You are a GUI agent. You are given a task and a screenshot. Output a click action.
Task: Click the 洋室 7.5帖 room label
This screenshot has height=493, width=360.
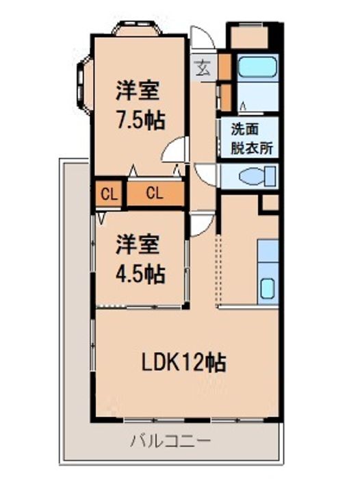[x=140, y=105]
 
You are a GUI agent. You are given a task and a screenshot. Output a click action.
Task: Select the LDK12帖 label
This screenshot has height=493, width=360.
[x=184, y=362]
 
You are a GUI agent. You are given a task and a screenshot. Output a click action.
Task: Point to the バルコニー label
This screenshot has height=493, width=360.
[x=170, y=440]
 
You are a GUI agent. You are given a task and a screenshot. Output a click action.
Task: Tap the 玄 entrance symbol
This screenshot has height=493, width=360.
[x=203, y=68]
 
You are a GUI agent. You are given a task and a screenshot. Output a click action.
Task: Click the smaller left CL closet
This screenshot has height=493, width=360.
[x=109, y=194]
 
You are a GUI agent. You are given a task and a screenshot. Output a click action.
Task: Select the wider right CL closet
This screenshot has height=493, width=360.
[x=155, y=193]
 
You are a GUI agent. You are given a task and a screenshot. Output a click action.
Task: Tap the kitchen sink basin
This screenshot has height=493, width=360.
[x=268, y=289]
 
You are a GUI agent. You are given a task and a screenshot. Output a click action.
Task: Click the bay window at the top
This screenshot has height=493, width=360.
[x=137, y=28]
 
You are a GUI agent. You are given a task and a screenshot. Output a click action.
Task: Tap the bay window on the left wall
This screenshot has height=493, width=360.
[x=84, y=83]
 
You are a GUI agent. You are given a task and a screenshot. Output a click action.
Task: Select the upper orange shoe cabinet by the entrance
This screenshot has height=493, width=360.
[x=225, y=66]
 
